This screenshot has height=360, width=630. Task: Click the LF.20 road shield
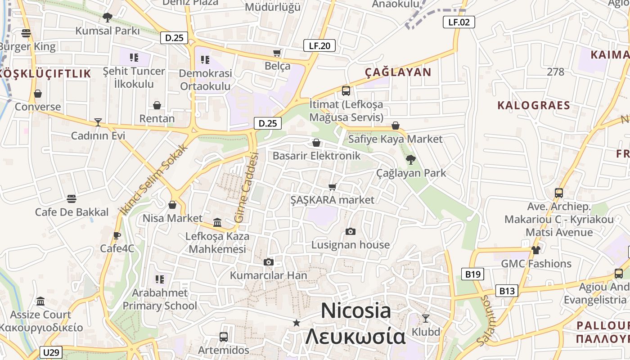pos(319,45)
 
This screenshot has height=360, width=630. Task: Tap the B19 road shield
pos(472,274)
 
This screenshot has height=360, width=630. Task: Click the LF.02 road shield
pos(459,22)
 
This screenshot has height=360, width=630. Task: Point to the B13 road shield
pos(507,291)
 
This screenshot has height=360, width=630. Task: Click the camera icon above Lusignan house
pos(350,232)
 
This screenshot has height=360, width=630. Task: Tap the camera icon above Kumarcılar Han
pos(268,262)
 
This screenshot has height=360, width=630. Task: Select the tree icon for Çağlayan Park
pos(410,159)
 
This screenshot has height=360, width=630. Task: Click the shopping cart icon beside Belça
pos(277,53)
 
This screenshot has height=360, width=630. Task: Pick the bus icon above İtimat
pos(346,91)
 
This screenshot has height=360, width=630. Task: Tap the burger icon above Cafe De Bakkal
pos(71,199)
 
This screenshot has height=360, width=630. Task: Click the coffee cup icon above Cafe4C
pos(117,235)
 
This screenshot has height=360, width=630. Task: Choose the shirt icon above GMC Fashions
pos(535,250)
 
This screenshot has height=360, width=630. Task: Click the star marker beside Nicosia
pos(296,323)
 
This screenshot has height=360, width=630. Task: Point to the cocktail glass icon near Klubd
pos(425,319)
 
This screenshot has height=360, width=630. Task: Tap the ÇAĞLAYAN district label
pos(398,72)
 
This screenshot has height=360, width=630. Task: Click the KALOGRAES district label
pos(534,105)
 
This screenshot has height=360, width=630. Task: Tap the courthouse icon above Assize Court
pos(40,301)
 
